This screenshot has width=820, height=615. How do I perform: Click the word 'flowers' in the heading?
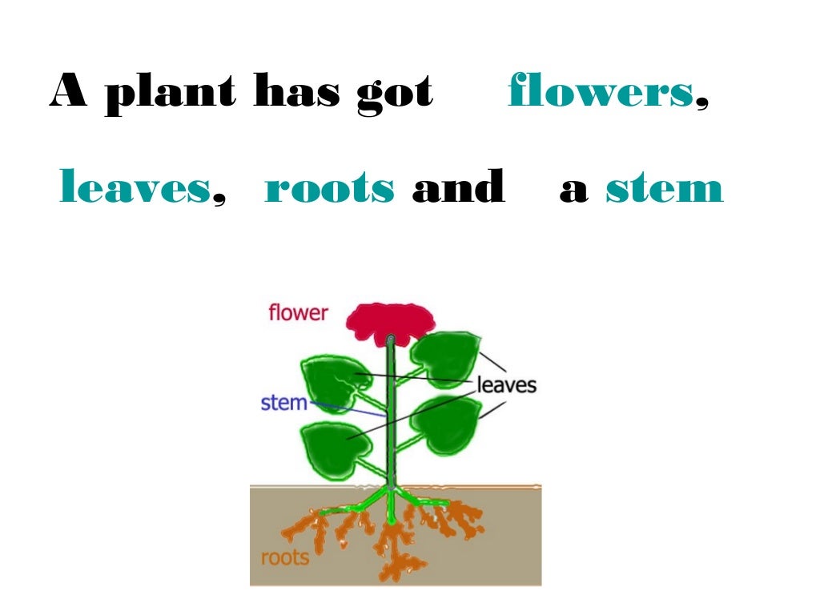600,91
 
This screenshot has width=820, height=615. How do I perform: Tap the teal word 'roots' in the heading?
329,188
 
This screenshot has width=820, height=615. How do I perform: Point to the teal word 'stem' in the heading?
664,188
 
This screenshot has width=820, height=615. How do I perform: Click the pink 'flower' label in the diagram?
298,312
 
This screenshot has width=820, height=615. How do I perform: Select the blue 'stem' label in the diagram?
283,402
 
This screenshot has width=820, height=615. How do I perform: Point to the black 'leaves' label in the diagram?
506,385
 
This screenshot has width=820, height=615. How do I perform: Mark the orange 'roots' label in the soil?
285,557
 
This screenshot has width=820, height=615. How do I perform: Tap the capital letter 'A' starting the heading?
68,91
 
